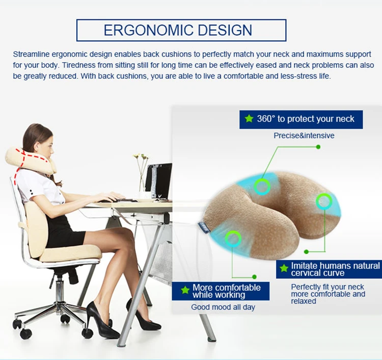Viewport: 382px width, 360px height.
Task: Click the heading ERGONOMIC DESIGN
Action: coord(178,30)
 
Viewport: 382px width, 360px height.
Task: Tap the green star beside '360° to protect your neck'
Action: coord(249,119)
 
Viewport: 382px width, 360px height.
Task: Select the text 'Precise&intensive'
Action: coord(304,136)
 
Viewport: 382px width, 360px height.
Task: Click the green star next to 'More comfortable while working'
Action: coord(185,290)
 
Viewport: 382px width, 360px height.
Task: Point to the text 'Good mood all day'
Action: coord(223,307)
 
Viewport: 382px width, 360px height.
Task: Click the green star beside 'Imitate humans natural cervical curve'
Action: coord(284,269)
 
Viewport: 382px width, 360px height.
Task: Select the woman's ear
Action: coord(37,147)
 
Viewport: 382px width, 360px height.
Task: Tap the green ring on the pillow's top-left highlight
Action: coord(262,187)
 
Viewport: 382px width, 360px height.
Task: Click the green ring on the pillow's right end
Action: coord(324,201)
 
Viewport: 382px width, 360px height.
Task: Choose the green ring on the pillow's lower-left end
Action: coord(233,239)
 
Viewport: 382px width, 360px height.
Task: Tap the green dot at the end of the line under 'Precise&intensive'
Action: coord(318,147)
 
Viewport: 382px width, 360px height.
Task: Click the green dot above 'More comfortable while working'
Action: coord(254,277)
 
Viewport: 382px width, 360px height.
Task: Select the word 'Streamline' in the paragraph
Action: coord(31,54)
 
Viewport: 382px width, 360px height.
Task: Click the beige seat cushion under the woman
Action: coord(70,253)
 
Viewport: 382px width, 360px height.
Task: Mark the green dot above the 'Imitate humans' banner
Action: coord(307,252)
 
